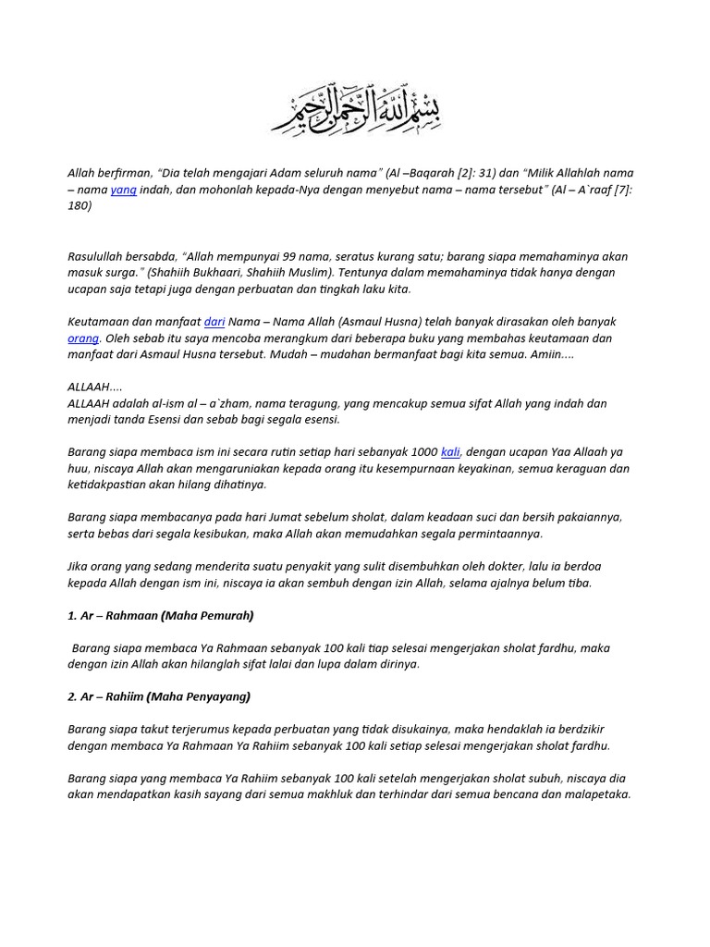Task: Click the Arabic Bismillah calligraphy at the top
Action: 355,112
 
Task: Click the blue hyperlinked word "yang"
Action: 123,190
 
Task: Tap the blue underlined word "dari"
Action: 214,321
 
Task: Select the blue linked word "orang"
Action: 83,338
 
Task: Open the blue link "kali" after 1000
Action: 450,451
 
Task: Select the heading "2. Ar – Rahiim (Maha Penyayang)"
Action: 159,696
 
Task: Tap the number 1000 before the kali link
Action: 423,451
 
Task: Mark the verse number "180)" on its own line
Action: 80,206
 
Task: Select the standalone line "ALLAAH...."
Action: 94,387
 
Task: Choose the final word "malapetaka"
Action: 595,794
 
